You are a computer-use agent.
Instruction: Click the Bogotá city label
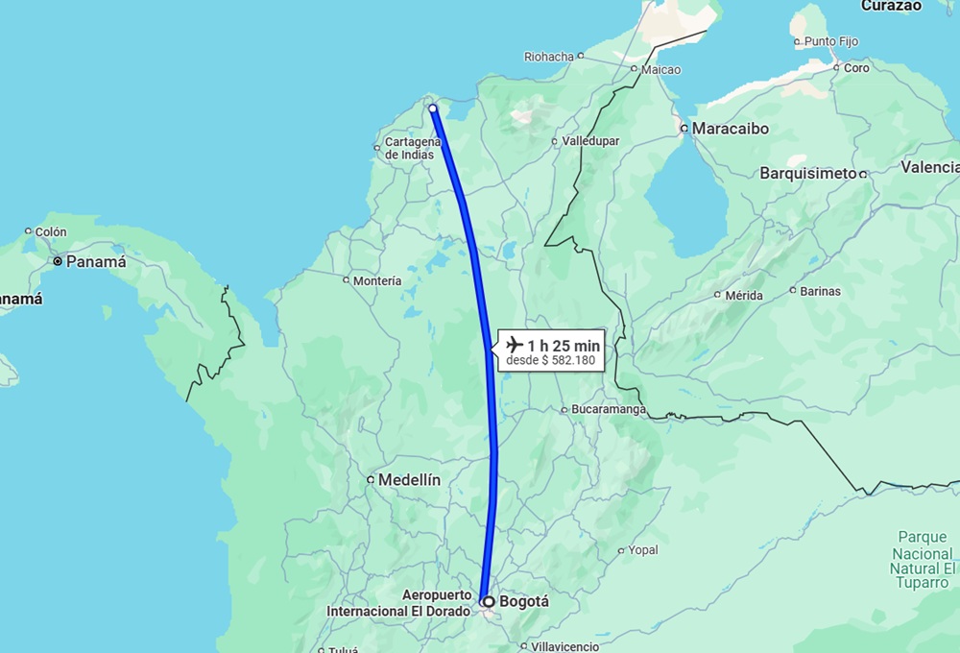click(x=524, y=602)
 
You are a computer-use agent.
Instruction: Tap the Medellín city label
click(x=409, y=479)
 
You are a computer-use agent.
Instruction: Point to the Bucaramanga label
click(x=607, y=410)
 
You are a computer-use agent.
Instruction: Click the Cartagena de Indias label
click(x=409, y=148)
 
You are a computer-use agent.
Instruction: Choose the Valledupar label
click(x=590, y=141)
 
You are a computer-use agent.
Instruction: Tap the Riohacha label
click(x=548, y=57)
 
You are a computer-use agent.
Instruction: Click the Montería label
click(x=377, y=281)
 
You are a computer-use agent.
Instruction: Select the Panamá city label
click(x=95, y=261)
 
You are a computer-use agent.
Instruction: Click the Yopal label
click(x=643, y=551)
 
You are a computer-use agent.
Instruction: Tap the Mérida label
click(x=744, y=296)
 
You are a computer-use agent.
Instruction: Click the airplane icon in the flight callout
click(x=514, y=345)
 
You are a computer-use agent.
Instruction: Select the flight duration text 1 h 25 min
click(x=564, y=345)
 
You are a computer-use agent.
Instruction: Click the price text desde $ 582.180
click(x=551, y=361)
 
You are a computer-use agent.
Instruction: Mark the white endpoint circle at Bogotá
click(x=488, y=602)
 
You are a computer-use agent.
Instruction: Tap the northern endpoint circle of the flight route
click(x=433, y=109)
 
